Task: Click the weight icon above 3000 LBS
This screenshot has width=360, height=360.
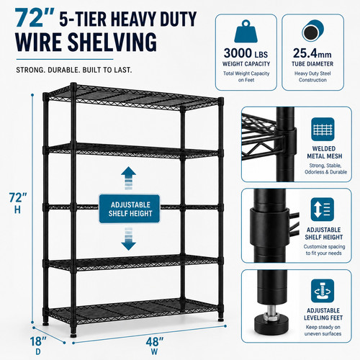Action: click(x=246, y=32)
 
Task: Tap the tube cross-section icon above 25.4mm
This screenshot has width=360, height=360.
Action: click(x=312, y=32)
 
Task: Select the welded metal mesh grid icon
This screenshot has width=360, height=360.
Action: click(x=323, y=129)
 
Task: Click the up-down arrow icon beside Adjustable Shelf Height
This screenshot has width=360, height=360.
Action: click(x=323, y=210)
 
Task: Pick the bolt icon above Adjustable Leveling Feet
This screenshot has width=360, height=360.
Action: click(x=323, y=291)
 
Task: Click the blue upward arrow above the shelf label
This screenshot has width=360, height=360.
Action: click(x=129, y=178)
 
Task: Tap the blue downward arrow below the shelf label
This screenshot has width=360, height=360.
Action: click(x=129, y=239)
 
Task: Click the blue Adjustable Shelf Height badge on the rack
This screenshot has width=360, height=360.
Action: click(x=130, y=209)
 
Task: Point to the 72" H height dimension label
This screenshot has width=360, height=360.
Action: click(x=18, y=203)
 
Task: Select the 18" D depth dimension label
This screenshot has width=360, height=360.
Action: click(x=38, y=345)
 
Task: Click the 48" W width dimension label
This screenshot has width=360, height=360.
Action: click(x=155, y=346)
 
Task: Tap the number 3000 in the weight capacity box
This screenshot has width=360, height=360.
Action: click(x=238, y=53)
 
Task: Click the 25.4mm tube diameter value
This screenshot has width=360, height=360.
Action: click(x=312, y=53)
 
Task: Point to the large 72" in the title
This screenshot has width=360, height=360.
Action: click(x=35, y=18)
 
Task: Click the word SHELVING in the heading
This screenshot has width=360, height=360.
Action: click(x=112, y=42)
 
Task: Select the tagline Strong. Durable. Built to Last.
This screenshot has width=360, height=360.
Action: click(x=74, y=70)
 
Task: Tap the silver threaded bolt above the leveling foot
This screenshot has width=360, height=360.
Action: click(x=271, y=311)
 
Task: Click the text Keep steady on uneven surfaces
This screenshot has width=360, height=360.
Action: click(x=323, y=330)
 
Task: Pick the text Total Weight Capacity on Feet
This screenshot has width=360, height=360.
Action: click(x=246, y=76)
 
